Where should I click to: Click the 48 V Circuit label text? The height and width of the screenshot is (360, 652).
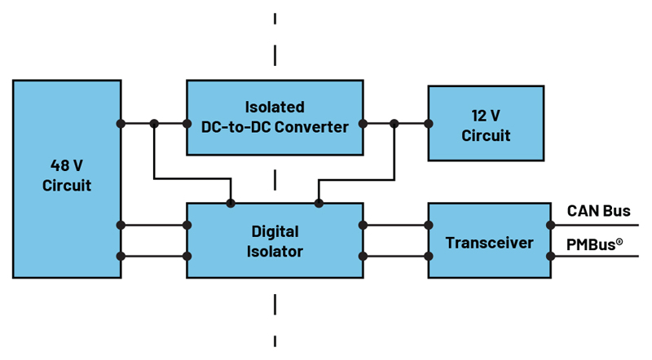pos(67,175)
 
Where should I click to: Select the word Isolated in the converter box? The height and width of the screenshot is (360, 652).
pos(275,108)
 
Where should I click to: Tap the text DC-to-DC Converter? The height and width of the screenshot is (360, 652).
pos(275,127)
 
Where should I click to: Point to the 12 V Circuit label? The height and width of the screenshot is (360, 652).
pos(486,125)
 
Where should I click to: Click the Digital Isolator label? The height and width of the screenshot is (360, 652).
pos(275,242)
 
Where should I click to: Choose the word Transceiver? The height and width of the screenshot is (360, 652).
pos(490,243)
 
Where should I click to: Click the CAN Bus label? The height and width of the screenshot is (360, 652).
pos(599,211)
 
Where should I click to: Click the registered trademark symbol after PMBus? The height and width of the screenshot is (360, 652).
pos(619,241)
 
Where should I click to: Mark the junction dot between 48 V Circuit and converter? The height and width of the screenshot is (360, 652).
pos(154,124)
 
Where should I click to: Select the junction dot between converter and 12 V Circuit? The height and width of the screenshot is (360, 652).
pos(394,124)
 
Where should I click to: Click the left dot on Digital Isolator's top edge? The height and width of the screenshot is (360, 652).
pos(231,204)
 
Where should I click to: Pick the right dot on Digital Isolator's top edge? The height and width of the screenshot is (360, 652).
pos(319,204)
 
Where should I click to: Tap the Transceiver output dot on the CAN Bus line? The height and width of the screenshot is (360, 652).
pos(551,226)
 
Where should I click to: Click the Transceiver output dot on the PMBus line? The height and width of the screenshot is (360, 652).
pos(551,257)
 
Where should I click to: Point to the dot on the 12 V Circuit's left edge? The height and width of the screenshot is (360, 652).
pos(429,124)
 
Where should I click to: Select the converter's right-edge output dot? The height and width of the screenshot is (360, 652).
pos(363,124)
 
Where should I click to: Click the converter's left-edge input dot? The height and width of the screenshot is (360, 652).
pos(187,124)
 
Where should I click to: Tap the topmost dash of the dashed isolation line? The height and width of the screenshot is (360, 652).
pos(275,18)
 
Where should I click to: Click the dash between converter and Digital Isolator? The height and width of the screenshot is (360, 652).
pos(275,180)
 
